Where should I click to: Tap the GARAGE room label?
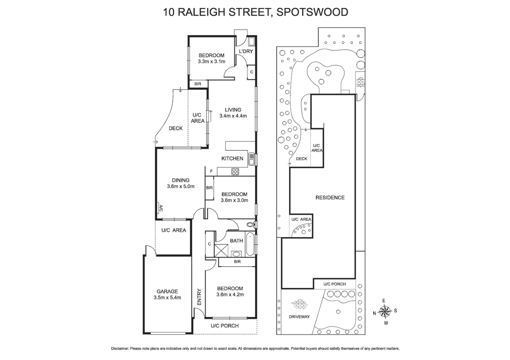click(167, 291)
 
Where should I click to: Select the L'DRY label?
click(246, 51)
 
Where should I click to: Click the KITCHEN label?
click(232, 159)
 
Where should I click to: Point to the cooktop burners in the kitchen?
click(235, 172)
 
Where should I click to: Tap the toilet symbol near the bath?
click(251, 224)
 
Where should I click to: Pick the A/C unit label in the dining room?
click(160, 208)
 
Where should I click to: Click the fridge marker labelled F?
click(211, 171)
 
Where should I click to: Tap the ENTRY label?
click(199, 297)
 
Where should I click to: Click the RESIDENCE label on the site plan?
click(330, 198)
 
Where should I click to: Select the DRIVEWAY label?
click(299, 317)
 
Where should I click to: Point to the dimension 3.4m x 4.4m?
click(233, 116)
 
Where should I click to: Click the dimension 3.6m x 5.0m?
click(180, 187)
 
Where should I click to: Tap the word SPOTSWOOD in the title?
click(312, 12)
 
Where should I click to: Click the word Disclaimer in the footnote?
click(120, 349)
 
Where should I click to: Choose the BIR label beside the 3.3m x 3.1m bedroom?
click(198, 84)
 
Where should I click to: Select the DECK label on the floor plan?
click(175, 128)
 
